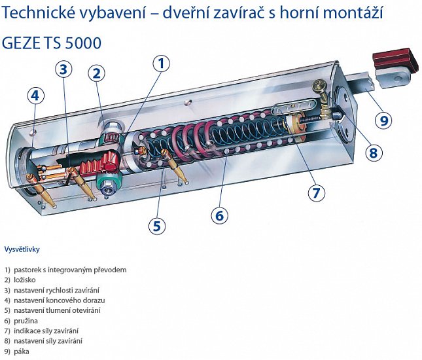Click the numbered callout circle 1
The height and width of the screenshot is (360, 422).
161,63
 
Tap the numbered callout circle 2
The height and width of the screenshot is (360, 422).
97,73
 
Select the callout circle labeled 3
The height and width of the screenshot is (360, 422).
63,69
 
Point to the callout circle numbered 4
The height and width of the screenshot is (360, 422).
35,96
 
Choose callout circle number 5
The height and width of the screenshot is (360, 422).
157,226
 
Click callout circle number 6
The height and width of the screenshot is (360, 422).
220,215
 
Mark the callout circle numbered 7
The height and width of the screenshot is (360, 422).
316,192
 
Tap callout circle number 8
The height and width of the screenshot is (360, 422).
374,153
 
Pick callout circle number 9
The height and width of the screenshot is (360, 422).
384,120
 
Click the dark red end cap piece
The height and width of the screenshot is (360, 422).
396,60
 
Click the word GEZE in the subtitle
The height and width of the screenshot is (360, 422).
20,43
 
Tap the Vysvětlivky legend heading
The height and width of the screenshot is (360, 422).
22,249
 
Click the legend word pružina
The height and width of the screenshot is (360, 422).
26,321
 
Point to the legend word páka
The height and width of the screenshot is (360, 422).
22,351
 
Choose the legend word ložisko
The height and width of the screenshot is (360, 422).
25,279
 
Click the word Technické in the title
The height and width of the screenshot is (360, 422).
38,13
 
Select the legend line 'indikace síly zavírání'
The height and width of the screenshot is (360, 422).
46,331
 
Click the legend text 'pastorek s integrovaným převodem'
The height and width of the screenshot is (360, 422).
70,270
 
